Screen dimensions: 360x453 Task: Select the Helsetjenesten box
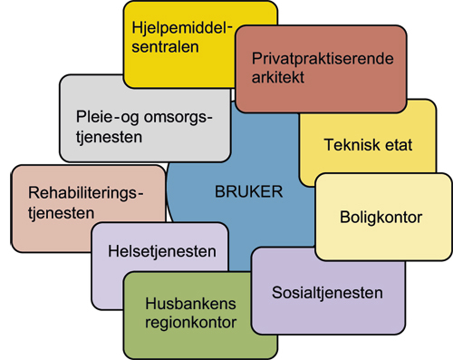coord(159,251)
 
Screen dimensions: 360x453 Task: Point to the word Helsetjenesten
coord(159,251)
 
